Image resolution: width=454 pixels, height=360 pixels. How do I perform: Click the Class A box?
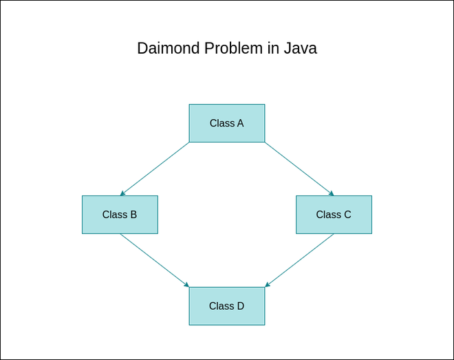tap(227, 123)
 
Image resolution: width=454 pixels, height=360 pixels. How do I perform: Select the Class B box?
tap(120, 215)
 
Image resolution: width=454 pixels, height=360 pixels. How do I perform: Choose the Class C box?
tap(334, 215)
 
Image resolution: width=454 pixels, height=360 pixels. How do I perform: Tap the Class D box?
tap(227, 306)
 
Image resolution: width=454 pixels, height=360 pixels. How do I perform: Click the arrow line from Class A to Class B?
tap(155, 169)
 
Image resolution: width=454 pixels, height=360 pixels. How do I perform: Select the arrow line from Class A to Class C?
tap(299, 169)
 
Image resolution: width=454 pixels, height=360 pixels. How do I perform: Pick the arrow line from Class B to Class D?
tap(154, 260)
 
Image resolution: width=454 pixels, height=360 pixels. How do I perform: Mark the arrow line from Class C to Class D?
tap(300, 260)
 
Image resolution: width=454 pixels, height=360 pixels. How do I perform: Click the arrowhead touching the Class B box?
tap(122, 193)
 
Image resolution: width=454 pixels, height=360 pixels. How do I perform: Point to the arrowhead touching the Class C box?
tap(332, 193)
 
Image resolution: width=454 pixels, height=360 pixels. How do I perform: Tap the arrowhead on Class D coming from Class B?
tap(186, 284)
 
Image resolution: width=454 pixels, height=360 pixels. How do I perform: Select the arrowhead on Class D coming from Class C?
tap(268, 284)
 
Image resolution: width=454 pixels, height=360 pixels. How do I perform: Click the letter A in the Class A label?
tap(240, 123)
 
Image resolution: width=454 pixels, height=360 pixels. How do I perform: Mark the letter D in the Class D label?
tap(240, 306)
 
